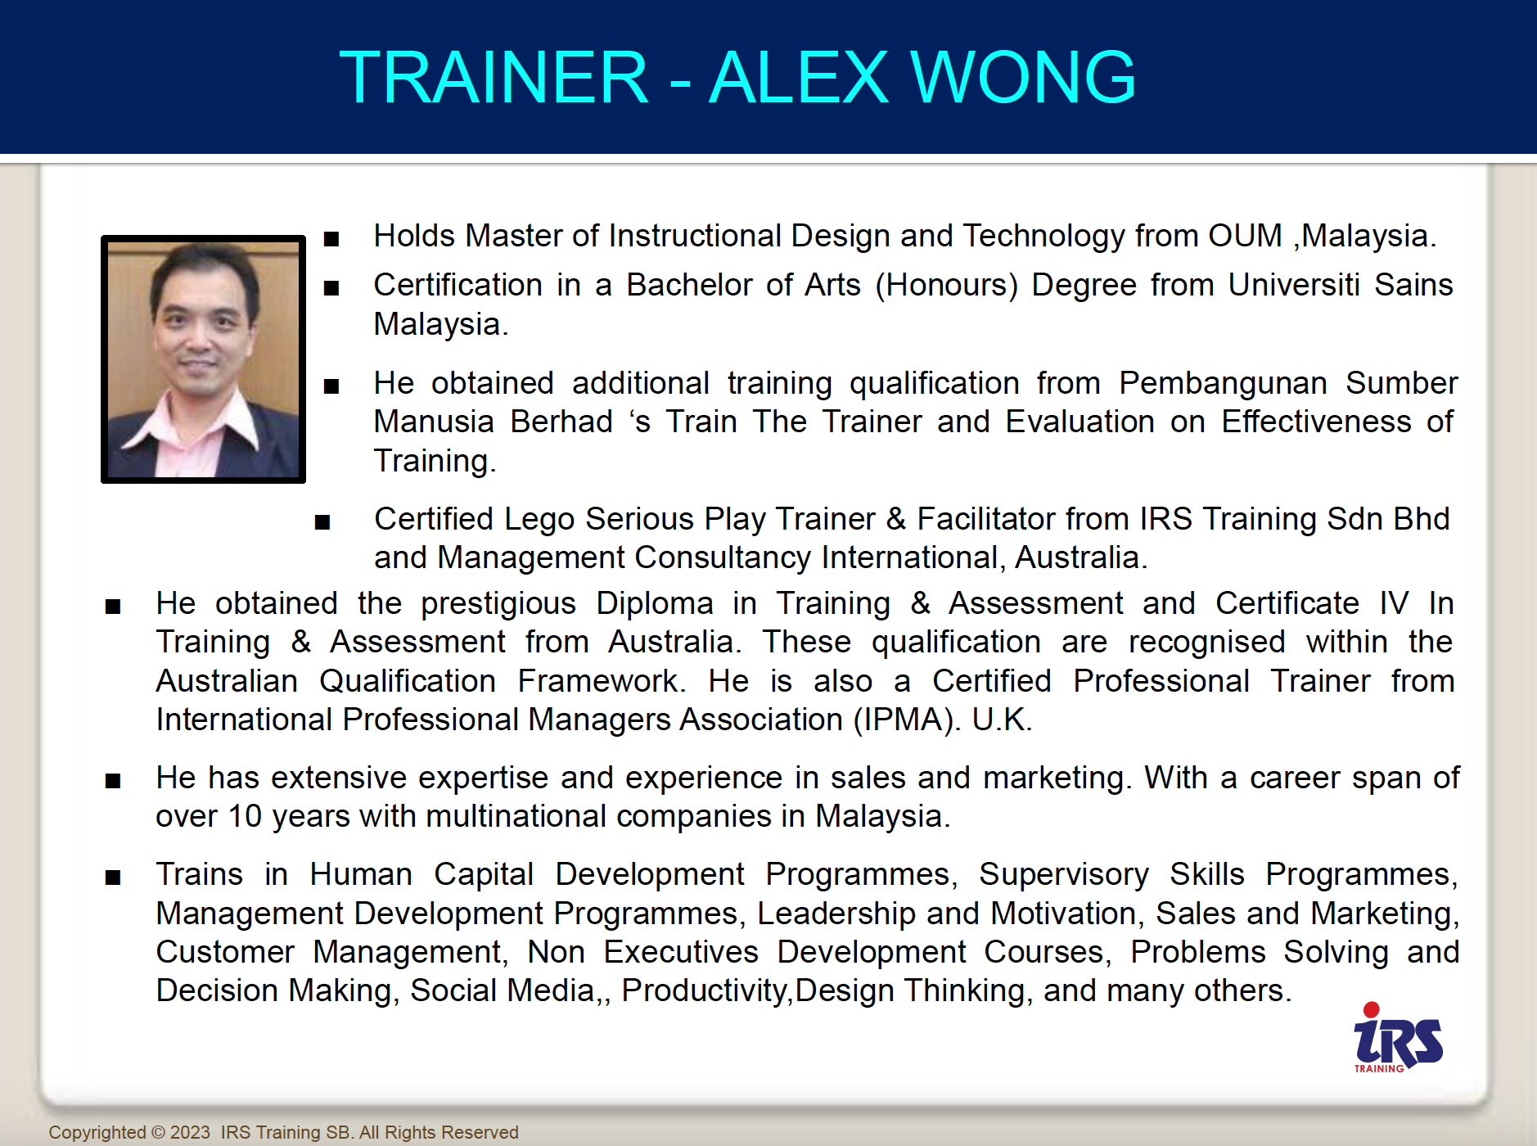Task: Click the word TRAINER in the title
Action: [x=494, y=77]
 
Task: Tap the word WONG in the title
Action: [x=1023, y=77]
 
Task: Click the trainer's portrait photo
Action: [x=203, y=359]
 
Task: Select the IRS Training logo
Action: [x=1398, y=1038]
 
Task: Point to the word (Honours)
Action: [x=947, y=285]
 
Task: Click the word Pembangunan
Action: [x=1224, y=383]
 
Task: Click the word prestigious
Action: [x=498, y=604]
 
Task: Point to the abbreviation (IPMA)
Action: [x=906, y=720]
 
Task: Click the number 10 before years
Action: [x=245, y=816]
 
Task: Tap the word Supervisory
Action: [x=1064, y=875]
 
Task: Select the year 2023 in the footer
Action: [x=190, y=1132]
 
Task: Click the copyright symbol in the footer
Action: [x=159, y=1132]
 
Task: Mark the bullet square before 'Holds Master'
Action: [x=331, y=239]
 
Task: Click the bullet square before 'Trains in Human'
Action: [x=113, y=878]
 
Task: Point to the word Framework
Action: [x=602, y=681]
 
